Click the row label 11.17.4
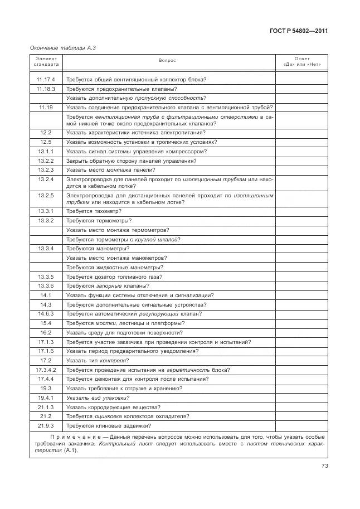point(46,79)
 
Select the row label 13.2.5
point(46,196)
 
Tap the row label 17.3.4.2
point(46,370)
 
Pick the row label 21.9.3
point(46,425)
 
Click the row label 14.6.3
point(46,313)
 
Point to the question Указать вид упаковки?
point(98,397)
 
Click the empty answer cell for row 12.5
point(301,142)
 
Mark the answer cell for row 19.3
point(301,388)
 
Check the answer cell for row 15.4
point(301,323)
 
